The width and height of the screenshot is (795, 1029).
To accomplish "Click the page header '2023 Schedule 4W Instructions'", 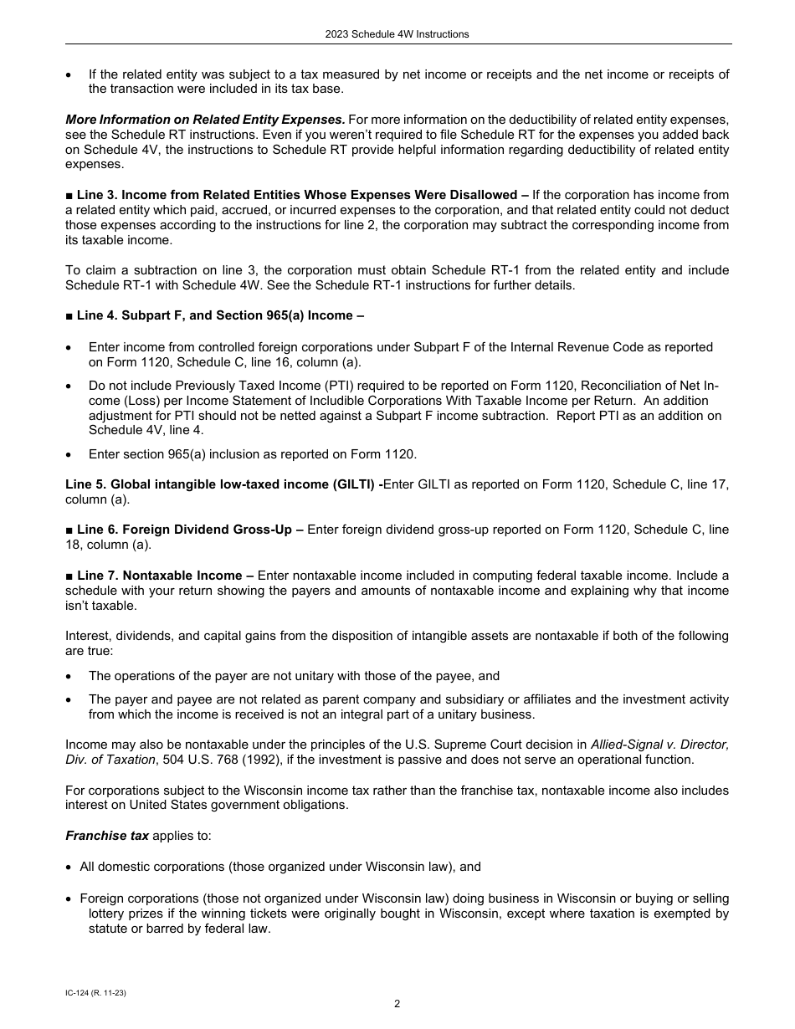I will point(397,34).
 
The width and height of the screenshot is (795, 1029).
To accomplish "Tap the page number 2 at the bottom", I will point(397,1004).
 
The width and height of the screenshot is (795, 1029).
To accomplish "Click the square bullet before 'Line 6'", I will point(69,530).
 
